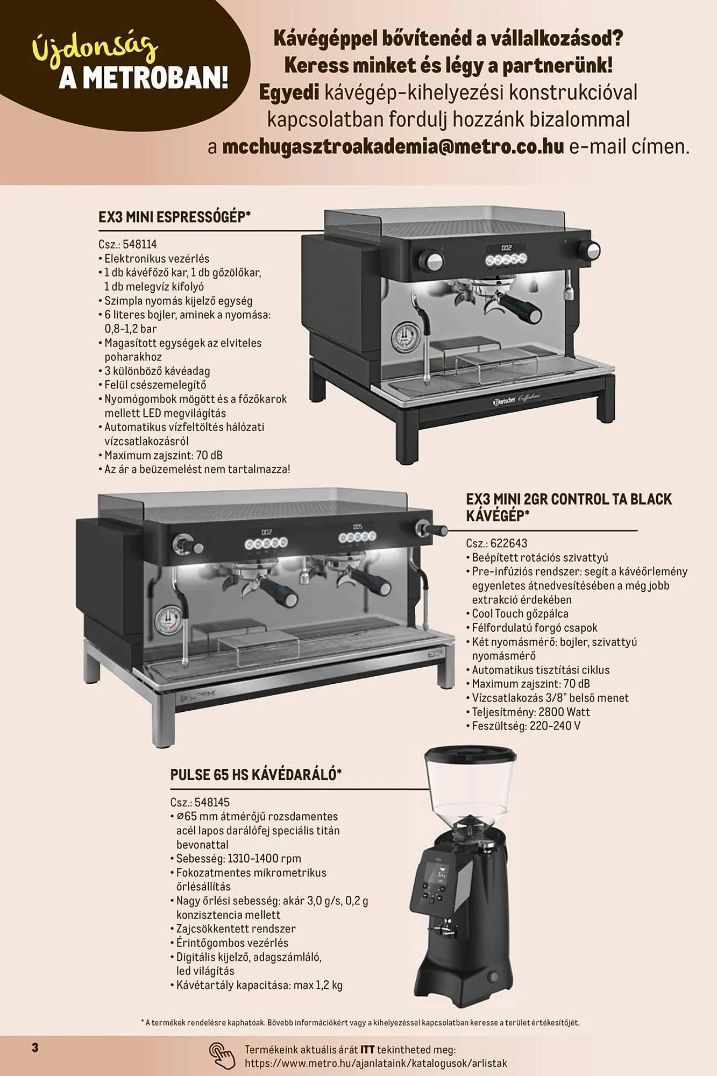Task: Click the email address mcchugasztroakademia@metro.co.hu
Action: point(393,146)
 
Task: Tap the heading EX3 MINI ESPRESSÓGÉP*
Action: point(175,217)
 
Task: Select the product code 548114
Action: point(140,244)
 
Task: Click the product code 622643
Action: point(509,543)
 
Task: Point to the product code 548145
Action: point(212,803)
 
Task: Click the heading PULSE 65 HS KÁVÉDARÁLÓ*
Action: point(256,775)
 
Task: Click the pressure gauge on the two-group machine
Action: point(168,621)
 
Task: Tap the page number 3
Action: point(35,1047)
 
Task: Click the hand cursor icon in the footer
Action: point(222,1056)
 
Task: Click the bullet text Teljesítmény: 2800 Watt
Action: point(531,712)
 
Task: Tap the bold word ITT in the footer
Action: point(367,1050)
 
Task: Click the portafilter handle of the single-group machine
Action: point(519,307)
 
